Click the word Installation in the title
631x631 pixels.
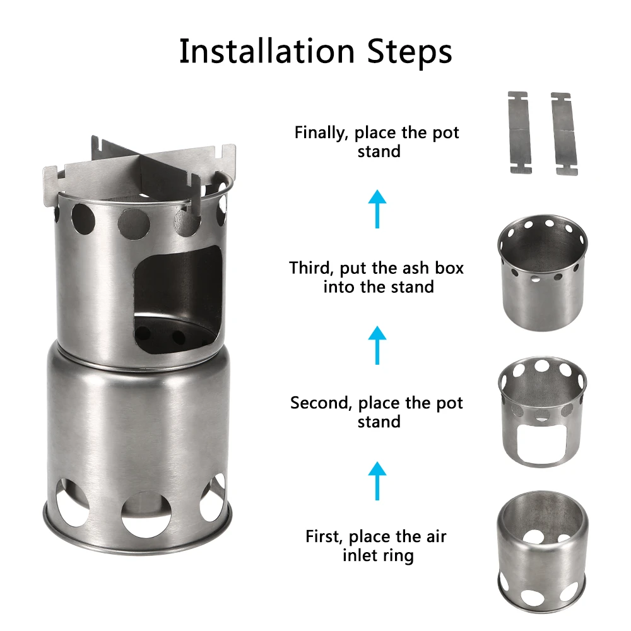(x=267, y=51)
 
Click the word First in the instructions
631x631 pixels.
(x=324, y=536)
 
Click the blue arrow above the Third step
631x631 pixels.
(x=377, y=209)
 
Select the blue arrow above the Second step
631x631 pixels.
(x=377, y=345)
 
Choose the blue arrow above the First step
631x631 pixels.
(x=377, y=481)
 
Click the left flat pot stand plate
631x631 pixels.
(x=520, y=133)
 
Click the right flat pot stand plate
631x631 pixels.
(x=565, y=134)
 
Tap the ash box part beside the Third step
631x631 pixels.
(x=543, y=273)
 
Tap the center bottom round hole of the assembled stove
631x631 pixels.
(x=146, y=514)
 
